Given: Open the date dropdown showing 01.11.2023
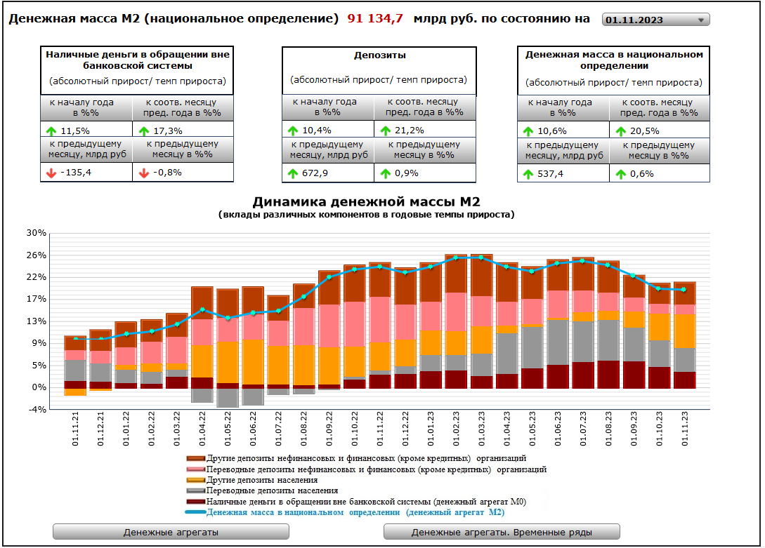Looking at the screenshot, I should pos(655,20).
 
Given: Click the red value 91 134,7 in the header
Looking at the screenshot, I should pos(375,19).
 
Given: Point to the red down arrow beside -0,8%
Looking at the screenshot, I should pos(144,173).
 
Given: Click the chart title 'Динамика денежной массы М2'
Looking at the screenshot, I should pos(366,202).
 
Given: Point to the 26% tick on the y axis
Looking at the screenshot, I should pos(36,255).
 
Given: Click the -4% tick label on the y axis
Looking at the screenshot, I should pos(36,409).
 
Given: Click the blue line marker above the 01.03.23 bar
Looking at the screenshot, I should pos(481,258).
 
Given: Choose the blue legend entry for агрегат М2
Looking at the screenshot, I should pos(355,512).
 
